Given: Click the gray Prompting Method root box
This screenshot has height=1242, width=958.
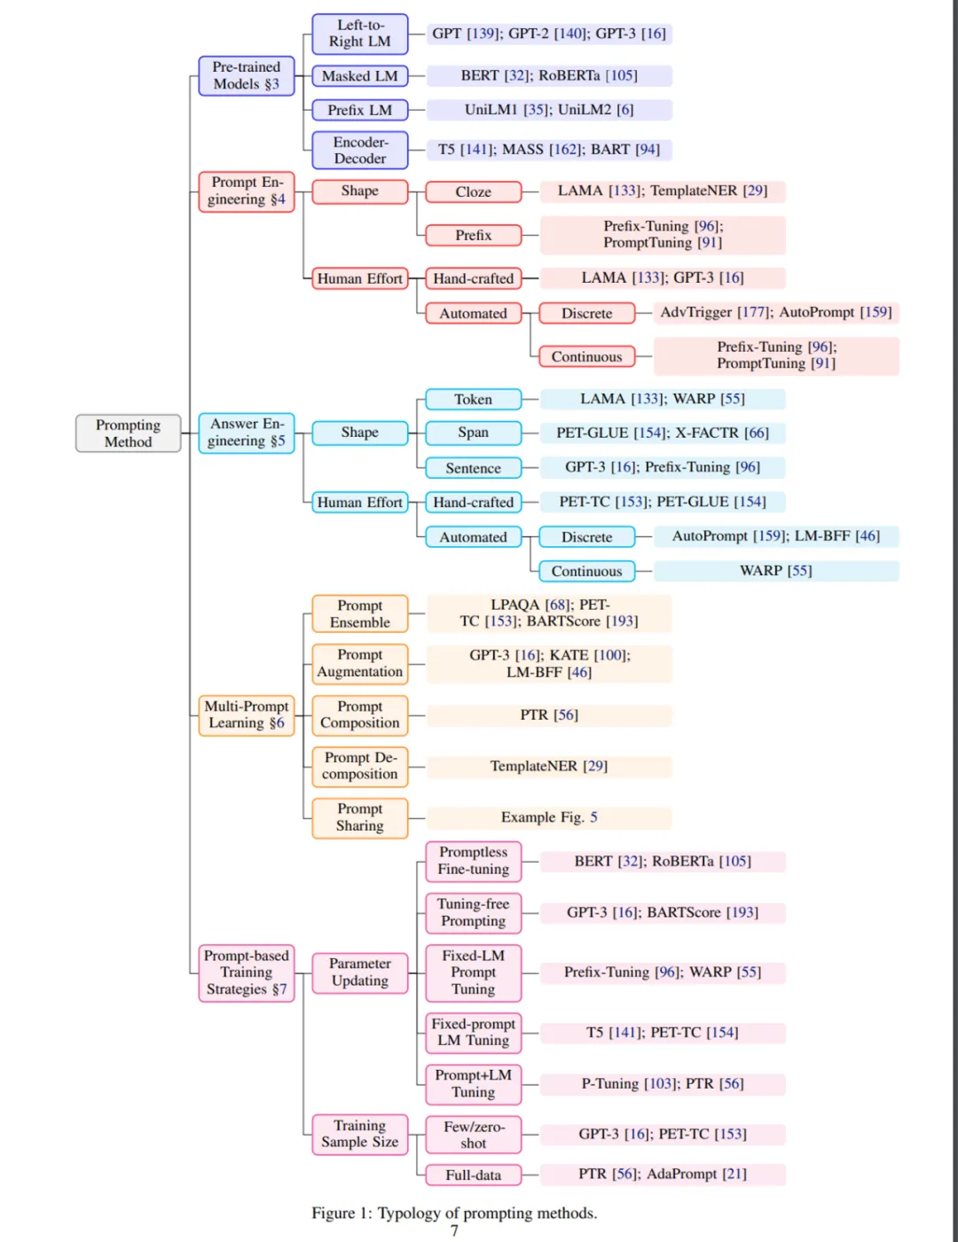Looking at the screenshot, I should coord(129,434).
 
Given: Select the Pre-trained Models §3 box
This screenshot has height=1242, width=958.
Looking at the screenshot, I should coord(247,76).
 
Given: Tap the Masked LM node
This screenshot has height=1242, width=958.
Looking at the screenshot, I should coord(359,76).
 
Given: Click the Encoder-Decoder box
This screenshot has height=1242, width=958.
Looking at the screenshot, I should coord(359,150).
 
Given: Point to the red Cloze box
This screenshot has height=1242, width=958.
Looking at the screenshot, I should coord(473,192).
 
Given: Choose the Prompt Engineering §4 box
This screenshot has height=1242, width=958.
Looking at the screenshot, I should coord(247,191).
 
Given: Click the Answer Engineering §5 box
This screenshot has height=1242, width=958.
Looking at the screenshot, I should coord(247,433).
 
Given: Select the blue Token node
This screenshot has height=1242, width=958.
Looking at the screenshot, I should coord(473,400).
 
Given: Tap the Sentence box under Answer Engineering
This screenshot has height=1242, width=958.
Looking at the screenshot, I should coord(473,468).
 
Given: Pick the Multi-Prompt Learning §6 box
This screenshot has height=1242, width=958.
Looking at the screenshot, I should coord(247,715).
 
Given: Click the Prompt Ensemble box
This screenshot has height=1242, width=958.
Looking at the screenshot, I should coord(359,614).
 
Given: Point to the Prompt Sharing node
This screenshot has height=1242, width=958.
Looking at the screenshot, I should coord(359,817).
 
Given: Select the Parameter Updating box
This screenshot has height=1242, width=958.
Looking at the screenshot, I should coord(359,973).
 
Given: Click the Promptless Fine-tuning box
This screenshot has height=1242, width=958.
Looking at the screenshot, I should coord(473,861).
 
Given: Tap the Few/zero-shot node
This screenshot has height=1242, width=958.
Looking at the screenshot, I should coord(473,1135).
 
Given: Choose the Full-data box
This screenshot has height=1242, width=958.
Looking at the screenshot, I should coord(473,1176).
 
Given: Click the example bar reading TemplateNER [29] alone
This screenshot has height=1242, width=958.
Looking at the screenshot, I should coord(549,767).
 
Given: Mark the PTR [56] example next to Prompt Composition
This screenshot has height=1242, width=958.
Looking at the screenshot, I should coord(549,715).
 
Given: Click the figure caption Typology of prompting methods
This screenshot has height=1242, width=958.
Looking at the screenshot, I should coord(454,1213).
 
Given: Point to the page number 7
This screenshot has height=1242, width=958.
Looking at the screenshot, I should coord(454,1230).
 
